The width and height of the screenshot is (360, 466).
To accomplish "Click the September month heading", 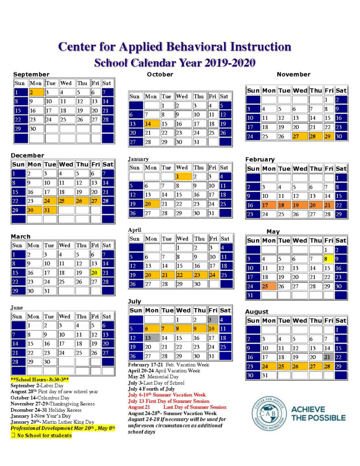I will (31, 74).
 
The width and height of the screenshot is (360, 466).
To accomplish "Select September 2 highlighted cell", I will (36, 92).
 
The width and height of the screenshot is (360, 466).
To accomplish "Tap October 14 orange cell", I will (151, 124).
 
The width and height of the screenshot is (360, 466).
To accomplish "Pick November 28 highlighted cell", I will (315, 137).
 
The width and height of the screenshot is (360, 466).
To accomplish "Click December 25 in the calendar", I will (66, 200).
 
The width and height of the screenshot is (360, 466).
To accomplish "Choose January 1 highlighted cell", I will (182, 176).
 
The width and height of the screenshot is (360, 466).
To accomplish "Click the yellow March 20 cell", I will (95, 273).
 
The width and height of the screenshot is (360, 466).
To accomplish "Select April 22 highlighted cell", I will (183, 275).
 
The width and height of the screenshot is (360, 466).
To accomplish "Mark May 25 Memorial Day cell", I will (268, 286).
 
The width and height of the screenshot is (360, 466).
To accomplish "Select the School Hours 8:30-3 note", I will (40, 379).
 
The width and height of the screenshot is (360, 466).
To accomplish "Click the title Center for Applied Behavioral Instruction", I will (175, 46).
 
